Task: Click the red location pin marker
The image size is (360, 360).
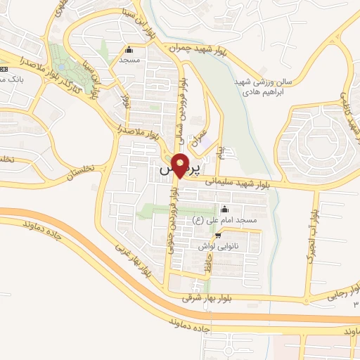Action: pyautogui.click(x=180, y=166)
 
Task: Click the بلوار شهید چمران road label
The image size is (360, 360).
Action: pyautogui.click(x=199, y=47)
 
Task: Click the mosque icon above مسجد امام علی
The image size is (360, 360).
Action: pyautogui.click(x=224, y=209)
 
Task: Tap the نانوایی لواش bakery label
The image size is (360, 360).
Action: pyautogui.click(x=219, y=245)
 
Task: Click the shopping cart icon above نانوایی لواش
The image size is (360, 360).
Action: pyautogui.click(x=219, y=235)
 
